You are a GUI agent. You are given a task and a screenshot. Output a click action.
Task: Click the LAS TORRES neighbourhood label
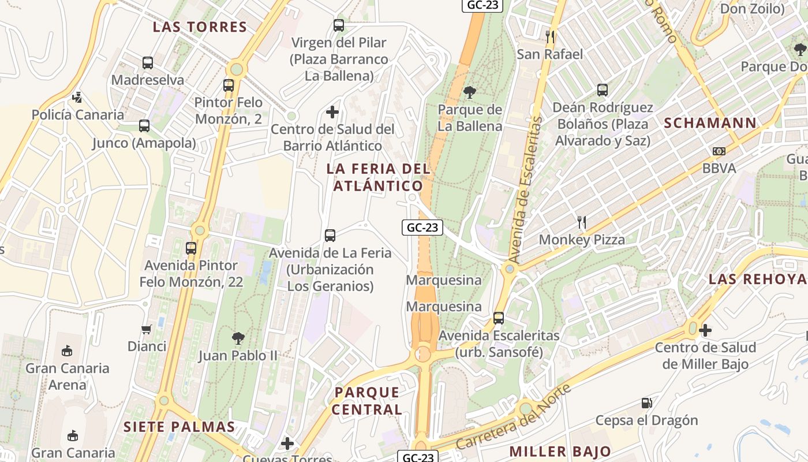click(x=200, y=27)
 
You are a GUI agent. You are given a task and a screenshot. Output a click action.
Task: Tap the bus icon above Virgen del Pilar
click(x=339, y=25)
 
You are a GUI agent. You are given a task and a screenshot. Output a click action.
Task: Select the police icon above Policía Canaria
click(x=77, y=98)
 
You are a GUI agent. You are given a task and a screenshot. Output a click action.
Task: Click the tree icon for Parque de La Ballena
click(x=470, y=92)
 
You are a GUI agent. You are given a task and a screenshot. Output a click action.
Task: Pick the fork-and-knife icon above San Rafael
click(x=550, y=37)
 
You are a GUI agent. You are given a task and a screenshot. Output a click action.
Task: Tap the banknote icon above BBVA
click(x=719, y=151)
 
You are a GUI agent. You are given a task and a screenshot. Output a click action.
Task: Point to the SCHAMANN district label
click(x=710, y=123)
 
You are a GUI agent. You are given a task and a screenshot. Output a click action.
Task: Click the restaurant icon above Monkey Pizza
click(x=582, y=222)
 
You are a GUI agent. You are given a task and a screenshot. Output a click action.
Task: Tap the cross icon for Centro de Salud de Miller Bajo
click(x=705, y=330)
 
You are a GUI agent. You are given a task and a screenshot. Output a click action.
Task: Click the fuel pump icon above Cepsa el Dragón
click(x=647, y=403)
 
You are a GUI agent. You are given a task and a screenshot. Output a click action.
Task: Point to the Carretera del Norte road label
click(x=514, y=417)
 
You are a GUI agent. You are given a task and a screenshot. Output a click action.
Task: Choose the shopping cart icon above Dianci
click(x=147, y=329)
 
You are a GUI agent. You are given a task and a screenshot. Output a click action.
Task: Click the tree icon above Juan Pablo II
click(x=238, y=338)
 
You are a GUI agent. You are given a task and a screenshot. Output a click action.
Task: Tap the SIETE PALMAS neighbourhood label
click(x=179, y=427)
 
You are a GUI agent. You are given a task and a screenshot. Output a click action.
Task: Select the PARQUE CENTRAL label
click(x=367, y=401)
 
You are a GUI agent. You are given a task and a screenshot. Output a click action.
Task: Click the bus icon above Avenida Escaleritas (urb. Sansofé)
click(x=499, y=318)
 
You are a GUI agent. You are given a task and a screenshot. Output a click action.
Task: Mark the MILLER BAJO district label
click(x=560, y=452)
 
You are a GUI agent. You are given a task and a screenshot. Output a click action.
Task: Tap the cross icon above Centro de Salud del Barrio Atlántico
click(x=332, y=112)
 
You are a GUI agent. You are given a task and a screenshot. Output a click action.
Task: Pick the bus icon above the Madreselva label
click(x=148, y=63)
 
